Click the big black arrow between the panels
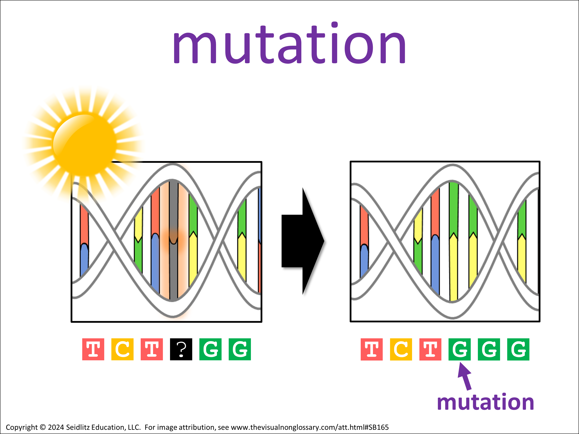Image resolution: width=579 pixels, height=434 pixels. coord(303,241)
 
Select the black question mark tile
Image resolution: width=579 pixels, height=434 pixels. coord(181,349)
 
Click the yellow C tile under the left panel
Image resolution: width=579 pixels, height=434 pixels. coord(122,349)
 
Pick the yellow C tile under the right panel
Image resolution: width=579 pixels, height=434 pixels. coord(401,349)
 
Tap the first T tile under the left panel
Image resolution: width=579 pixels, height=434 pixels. coord(93,349)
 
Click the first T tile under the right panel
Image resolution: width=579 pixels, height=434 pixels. coord(372,349)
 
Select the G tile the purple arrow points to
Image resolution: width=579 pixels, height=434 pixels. coord(459,349)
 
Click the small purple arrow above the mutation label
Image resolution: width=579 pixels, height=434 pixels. coord(465,376)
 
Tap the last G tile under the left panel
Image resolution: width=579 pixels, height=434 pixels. coord(240,349)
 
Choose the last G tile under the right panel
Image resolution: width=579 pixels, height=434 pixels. coord(518,349)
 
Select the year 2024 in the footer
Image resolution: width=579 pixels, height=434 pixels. coord(56,427)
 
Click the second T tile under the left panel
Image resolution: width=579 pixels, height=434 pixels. coord(152,349)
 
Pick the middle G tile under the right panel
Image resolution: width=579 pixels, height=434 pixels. coord(489,349)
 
